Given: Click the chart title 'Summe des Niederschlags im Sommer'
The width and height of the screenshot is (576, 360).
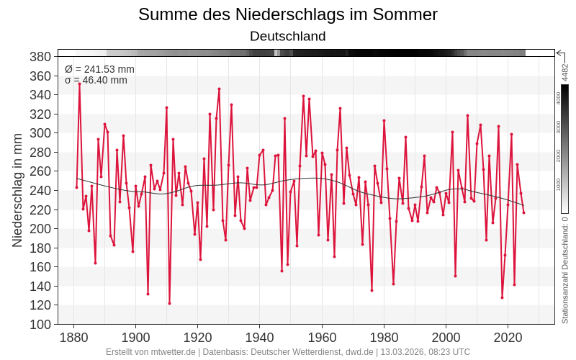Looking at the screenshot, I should [x=287, y=14].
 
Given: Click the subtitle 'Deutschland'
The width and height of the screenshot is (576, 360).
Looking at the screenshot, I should [x=287, y=36].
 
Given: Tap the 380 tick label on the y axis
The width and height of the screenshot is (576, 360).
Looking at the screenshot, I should [x=40, y=57].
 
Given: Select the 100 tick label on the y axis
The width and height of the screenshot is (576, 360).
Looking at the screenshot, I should [x=40, y=324].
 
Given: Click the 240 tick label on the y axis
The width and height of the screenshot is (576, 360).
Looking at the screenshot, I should [x=40, y=191].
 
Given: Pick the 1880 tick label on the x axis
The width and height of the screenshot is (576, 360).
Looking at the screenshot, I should [x=73, y=338].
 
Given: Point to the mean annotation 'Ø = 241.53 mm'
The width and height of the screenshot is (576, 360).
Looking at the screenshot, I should [x=99, y=69].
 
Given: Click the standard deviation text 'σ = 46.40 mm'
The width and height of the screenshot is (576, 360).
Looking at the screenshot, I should [x=96, y=80].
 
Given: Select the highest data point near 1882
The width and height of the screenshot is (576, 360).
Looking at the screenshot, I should [x=80, y=84].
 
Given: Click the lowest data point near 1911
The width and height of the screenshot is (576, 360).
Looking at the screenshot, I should [x=169, y=303].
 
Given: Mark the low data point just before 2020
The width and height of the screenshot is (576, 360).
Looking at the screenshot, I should [x=502, y=297].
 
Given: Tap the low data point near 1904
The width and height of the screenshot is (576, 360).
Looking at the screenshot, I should [x=148, y=294].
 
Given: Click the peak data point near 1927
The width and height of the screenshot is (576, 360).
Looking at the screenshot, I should [x=219, y=89].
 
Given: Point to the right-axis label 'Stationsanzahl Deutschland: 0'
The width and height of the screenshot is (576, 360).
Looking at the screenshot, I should [x=565, y=271].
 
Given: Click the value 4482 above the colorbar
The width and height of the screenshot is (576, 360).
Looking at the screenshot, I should [x=565, y=72].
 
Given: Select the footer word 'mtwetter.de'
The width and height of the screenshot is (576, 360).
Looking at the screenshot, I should [x=171, y=352].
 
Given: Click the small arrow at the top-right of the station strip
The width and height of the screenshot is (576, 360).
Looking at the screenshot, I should [x=560, y=53].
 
